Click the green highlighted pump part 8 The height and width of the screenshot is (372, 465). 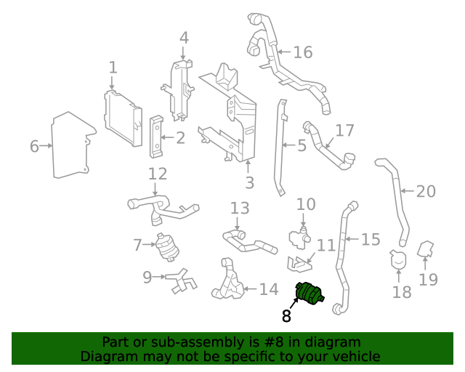(309, 294)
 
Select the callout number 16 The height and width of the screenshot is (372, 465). (302, 52)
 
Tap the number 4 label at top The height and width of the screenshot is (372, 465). (184, 38)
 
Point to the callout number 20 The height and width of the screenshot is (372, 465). (426, 192)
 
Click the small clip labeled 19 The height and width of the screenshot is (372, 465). (426, 251)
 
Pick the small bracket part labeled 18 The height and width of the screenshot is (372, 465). (397, 260)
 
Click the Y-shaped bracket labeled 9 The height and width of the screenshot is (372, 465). (179, 280)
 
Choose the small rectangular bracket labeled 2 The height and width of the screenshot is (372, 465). (156, 136)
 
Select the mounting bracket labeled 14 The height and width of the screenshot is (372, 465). (230, 279)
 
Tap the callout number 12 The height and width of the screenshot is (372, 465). (158, 174)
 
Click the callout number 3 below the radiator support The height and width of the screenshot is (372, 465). (249, 183)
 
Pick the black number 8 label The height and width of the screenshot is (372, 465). (286, 316)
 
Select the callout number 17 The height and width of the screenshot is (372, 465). (344, 131)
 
